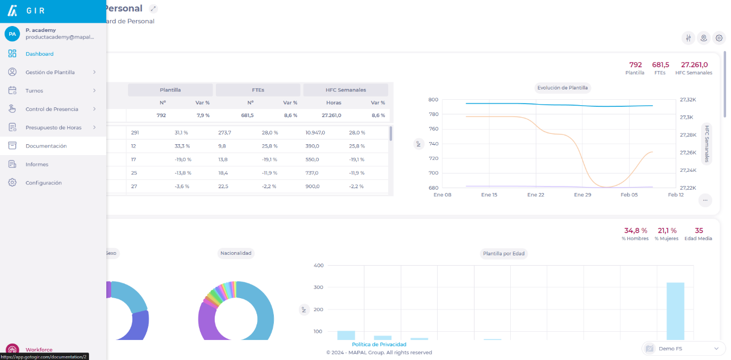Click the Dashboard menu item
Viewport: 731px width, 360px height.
[x=39, y=54]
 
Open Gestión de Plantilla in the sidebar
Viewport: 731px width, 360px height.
[x=50, y=72]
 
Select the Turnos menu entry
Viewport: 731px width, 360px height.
[x=34, y=91]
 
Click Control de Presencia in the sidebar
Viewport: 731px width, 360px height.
[x=52, y=109]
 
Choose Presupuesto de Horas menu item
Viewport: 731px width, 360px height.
[x=53, y=127]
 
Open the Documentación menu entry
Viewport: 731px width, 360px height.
[x=46, y=146]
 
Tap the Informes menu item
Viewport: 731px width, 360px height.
[x=37, y=164]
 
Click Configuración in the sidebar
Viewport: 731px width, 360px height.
[x=43, y=183]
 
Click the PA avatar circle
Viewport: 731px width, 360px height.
[x=12, y=34]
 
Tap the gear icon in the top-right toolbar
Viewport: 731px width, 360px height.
[x=719, y=38]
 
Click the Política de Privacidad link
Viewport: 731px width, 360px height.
[x=379, y=344]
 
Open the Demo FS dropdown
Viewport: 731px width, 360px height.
[x=684, y=349]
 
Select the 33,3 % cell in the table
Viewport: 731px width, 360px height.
[x=182, y=146]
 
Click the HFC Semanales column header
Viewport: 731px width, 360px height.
[x=345, y=90]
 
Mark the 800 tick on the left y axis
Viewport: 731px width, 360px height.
[x=433, y=99]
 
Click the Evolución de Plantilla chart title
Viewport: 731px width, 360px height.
[x=562, y=87]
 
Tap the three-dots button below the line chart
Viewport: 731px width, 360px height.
[x=705, y=200]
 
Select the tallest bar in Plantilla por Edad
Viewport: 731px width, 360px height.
[x=675, y=311]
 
